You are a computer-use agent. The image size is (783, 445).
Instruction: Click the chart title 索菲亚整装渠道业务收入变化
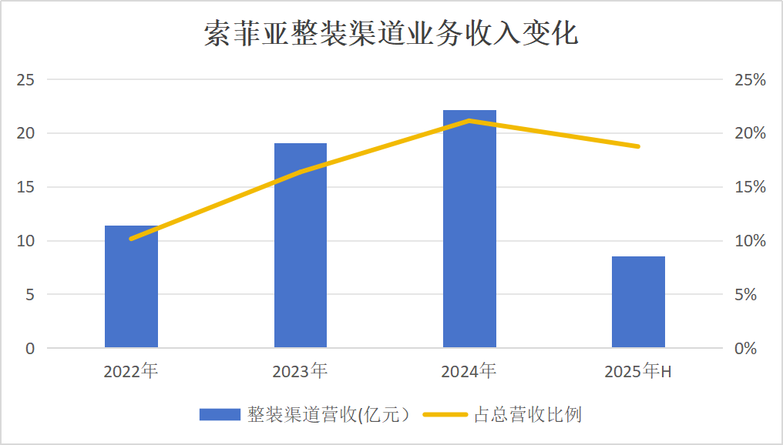tap(391, 35)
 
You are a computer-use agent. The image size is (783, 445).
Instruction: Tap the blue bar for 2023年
tap(301, 246)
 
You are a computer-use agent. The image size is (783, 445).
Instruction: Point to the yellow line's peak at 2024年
tap(469, 120)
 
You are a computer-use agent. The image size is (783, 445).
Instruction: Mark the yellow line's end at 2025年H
tap(638, 146)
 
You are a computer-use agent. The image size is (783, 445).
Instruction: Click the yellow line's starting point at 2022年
tap(131, 239)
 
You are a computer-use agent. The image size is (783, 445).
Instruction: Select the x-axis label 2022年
tap(131, 372)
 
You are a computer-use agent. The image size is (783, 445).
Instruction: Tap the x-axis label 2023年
tap(300, 372)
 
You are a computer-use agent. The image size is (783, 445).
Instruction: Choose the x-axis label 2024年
tap(469, 372)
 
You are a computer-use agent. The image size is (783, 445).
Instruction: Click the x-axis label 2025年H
tap(638, 372)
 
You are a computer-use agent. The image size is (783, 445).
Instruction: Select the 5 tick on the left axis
tap(30, 294)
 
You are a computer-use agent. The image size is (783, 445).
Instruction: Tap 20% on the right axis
tap(750, 133)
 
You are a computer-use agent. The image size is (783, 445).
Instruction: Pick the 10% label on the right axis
tap(750, 241)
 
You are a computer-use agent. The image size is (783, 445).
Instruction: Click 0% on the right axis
tap(746, 348)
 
